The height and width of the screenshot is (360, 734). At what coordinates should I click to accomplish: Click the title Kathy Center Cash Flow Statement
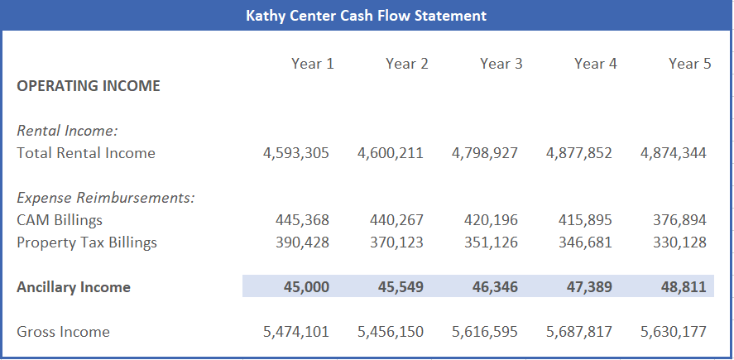(366, 16)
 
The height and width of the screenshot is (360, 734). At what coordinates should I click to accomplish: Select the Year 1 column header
(312, 64)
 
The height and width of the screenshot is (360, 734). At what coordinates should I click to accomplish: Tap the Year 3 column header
(501, 64)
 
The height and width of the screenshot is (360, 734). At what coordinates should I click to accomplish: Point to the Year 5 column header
(689, 64)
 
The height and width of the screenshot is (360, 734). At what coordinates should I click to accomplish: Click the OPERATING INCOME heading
(89, 86)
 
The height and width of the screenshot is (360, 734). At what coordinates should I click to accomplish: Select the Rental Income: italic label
(68, 130)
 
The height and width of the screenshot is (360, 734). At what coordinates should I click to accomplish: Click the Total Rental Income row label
(86, 152)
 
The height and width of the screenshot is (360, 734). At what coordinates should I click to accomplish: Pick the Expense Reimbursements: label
(106, 198)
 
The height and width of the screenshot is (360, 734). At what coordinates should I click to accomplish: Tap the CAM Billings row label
(60, 220)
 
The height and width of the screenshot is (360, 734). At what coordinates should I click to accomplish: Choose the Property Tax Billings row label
(87, 242)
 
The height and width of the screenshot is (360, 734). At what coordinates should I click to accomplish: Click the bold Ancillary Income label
(74, 287)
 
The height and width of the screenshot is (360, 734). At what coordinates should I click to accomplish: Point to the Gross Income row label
(63, 332)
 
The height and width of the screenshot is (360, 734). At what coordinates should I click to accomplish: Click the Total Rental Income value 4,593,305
(295, 152)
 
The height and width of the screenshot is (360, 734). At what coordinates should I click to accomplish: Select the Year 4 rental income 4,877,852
(579, 152)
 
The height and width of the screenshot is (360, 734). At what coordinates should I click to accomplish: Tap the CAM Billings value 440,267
(396, 220)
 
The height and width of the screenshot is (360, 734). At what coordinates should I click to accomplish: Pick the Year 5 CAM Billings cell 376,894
(679, 220)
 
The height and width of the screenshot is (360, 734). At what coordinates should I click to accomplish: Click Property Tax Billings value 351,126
(491, 242)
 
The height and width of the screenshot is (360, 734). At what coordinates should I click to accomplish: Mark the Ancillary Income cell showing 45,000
(306, 287)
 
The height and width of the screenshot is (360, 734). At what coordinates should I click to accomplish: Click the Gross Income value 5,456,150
(391, 332)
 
